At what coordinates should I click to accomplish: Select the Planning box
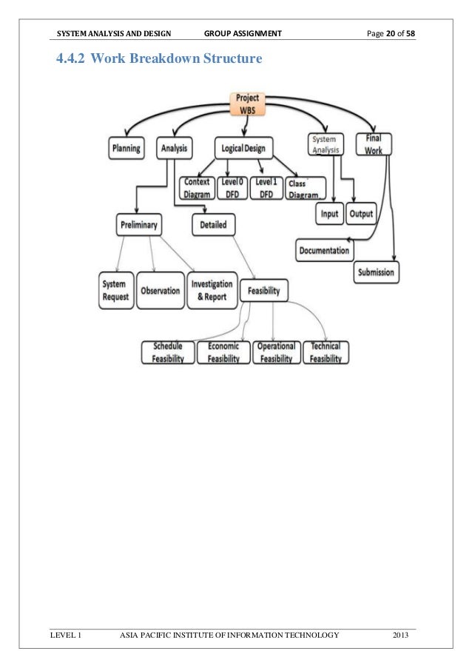click(127, 148)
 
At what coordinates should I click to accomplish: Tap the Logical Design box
click(244, 148)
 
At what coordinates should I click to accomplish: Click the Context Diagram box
click(196, 188)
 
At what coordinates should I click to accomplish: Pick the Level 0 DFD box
click(232, 188)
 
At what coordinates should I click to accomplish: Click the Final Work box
click(374, 144)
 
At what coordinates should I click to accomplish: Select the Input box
click(330, 215)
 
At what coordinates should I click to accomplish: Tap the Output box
click(361, 215)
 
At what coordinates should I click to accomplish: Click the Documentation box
click(324, 251)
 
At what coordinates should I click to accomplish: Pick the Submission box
click(376, 272)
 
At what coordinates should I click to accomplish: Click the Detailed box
click(213, 224)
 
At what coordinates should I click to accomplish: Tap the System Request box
click(116, 290)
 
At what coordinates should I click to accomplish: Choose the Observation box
click(160, 291)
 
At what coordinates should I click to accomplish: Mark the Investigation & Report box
click(212, 291)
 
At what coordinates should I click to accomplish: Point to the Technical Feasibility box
click(326, 352)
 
